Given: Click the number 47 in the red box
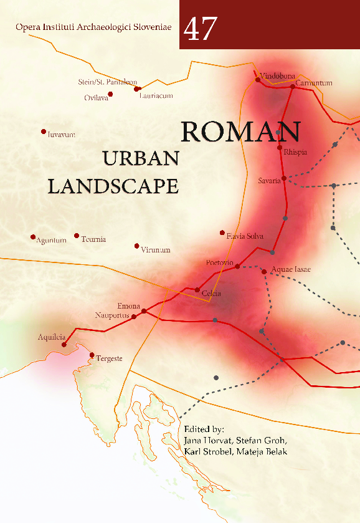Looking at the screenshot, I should pos(201,29).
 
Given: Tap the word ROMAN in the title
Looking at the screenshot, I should pos(241,132).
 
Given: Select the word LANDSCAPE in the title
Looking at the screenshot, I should pos(113,186).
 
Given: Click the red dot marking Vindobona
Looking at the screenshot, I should pos(258,80).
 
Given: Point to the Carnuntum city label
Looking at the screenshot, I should pos(315,83).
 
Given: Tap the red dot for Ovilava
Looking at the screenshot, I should pos(110,94).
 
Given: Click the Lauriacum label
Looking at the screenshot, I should pos(156,96).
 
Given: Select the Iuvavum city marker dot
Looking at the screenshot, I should pos(44,132).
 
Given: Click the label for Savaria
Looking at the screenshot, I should pos(269,181).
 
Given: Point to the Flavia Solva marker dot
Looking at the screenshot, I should pos(222,233).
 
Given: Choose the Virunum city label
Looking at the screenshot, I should pos(155,250).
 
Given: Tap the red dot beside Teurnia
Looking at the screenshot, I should pos(77,236).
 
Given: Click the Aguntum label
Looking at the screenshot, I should pos(52,241).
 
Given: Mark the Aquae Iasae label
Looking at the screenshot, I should pos(291,269).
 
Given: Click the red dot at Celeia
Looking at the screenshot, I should pos(197,290).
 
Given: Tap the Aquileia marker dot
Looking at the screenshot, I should pos(64,344).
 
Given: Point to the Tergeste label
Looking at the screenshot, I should pos(109,358).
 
